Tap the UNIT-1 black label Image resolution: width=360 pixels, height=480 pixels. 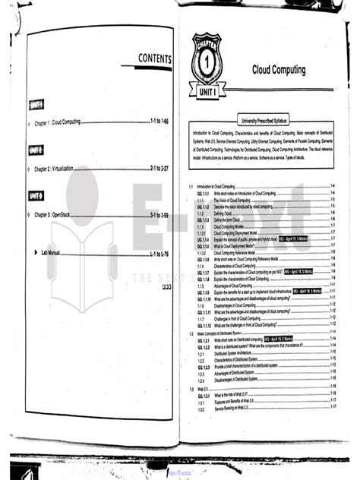35,104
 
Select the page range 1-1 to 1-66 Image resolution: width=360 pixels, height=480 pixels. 156,122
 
